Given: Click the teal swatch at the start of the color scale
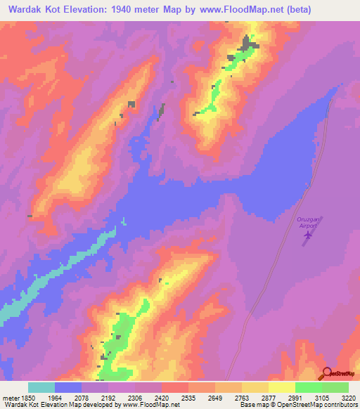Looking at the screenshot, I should [41, 387].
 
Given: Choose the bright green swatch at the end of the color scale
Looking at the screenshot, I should [335, 387].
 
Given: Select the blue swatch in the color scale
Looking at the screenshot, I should [68, 387].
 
